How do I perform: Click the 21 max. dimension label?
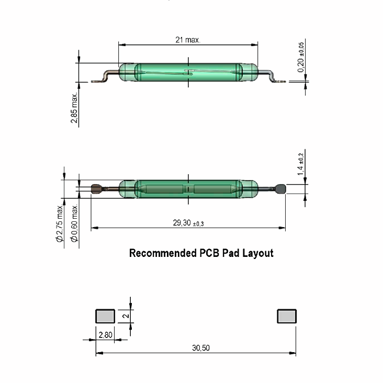(x=188, y=40)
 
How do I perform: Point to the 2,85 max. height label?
(x=74, y=108)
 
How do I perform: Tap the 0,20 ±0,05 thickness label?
(x=301, y=57)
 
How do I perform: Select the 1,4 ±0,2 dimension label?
(x=300, y=164)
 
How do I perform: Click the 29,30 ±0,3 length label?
(x=188, y=223)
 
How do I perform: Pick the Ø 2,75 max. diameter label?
(x=60, y=223)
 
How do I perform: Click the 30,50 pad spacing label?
(x=201, y=348)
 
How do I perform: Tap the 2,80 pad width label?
(x=105, y=335)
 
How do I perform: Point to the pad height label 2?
(x=126, y=316)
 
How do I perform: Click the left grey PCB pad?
(x=105, y=316)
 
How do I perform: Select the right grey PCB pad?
(x=287, y=316)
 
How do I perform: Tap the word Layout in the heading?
(x=258, y=254)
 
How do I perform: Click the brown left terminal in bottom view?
(x=96, y=189)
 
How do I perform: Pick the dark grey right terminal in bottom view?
(x=280, y=189)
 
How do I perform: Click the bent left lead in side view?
(x=105, y=77)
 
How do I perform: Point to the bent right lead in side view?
(x=272, y=76)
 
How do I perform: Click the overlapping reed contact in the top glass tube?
(x=188, y=72)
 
